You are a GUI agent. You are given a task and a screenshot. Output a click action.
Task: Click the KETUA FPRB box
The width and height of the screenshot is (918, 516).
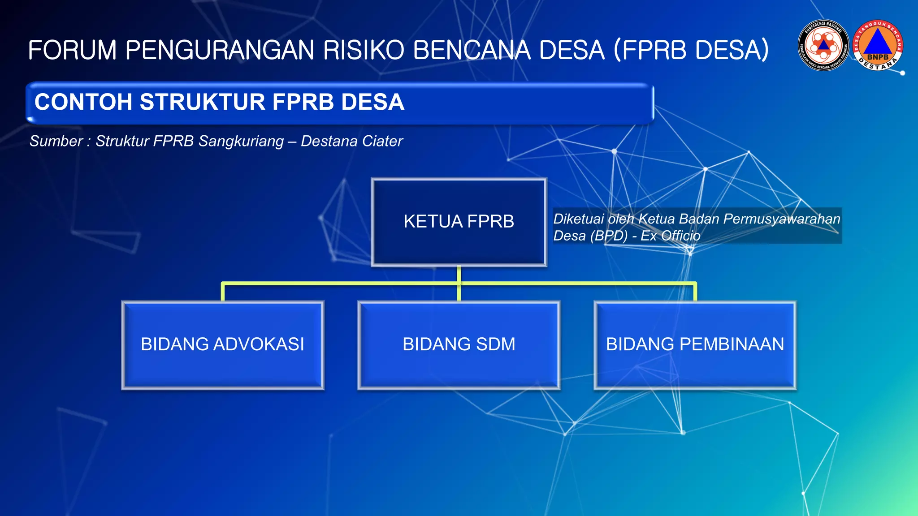coord(459,222)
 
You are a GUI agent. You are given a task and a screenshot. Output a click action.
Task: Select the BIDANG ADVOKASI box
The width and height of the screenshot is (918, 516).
coord(223,344)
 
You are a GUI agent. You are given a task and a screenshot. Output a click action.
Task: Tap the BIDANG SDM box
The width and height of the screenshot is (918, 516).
coord(459,344)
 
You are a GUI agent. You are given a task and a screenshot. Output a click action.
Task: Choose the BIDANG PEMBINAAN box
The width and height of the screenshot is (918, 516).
coord(695,344)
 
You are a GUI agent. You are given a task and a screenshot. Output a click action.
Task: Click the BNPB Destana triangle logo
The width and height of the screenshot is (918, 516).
coord(878,45)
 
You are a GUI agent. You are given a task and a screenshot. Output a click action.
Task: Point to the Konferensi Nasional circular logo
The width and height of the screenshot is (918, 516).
coord(823,45)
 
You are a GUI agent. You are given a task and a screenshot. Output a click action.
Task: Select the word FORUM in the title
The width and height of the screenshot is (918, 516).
coord(72,50)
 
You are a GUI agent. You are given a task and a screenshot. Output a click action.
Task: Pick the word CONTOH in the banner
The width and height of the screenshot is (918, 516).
coord(83,102)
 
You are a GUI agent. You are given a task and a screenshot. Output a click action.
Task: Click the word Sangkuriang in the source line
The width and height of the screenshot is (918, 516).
coord(241,141)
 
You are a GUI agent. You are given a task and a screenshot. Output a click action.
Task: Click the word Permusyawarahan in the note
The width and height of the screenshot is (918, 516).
coord(781,219)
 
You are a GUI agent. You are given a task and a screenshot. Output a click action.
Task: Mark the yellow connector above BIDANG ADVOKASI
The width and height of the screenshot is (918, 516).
coord(223,292)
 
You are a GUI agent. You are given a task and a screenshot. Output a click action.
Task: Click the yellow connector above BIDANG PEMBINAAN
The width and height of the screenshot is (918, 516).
coord(695,292)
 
